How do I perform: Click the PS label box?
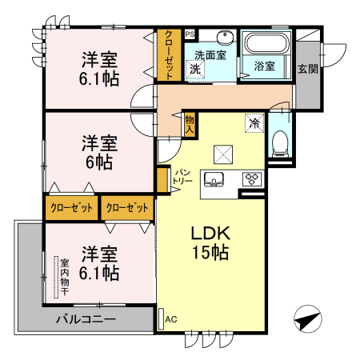190,34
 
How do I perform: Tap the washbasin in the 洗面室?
225,38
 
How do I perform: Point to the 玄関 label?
308,69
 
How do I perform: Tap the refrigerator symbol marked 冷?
254,123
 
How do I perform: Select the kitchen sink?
214,178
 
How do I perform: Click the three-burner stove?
252,179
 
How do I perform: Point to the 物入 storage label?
190,124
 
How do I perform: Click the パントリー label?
182,176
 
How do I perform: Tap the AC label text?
171,319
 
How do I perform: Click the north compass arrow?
308,319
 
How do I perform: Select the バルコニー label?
86,319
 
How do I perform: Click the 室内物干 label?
65,277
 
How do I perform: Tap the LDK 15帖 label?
210,242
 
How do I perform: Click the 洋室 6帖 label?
99,152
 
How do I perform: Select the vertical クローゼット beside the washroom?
169,54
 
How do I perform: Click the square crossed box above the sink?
223,154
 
